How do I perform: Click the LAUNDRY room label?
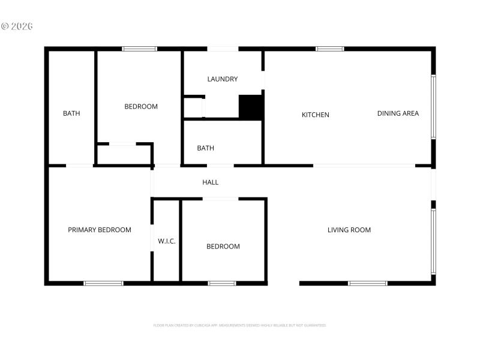(223, 79)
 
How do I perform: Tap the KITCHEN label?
(316, 115)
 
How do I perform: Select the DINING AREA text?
(398, 113)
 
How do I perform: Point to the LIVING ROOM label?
(349, 230)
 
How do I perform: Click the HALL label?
(210, 182)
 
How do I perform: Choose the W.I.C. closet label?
(167, 241)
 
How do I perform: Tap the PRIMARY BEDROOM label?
(100, 230)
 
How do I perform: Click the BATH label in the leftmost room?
(71, 113)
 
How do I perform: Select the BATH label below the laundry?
(206, 148)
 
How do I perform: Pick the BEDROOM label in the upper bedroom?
(141, 107)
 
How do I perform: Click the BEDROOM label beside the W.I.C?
(223, 246)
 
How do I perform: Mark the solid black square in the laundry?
(251, 107)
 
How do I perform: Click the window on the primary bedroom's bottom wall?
(103, 283)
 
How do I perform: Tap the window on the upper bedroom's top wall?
(140, 49)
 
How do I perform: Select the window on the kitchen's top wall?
(330, 49)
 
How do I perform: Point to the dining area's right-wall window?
(433, 107)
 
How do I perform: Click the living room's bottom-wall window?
(368, 283)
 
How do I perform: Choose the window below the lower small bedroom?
(222, 283)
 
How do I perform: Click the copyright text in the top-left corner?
(16, 26)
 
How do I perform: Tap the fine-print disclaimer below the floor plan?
(240, 325)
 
